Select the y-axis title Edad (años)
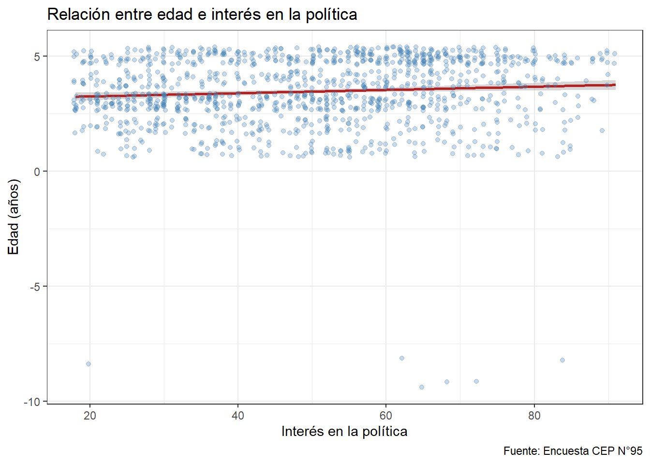tap(14, 217)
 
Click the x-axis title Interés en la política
tap(344, 431)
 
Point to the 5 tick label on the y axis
tap(37, 57)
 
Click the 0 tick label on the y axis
tap(37, 172)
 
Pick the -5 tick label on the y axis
tap(35, 287)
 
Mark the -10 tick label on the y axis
tap(32, 402)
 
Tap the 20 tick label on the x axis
tap(90, 416)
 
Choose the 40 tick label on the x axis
tap(238, 416)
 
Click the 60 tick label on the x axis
tap(386, 416)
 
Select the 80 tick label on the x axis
tap(534, 416)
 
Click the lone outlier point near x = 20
tap(89, 364)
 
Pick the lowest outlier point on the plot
tap(422, 387)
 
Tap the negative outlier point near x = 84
tap(562, 360)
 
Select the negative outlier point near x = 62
tap(402, 358)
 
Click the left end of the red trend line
tap(76, 97)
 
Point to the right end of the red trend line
tap(614, 85)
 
